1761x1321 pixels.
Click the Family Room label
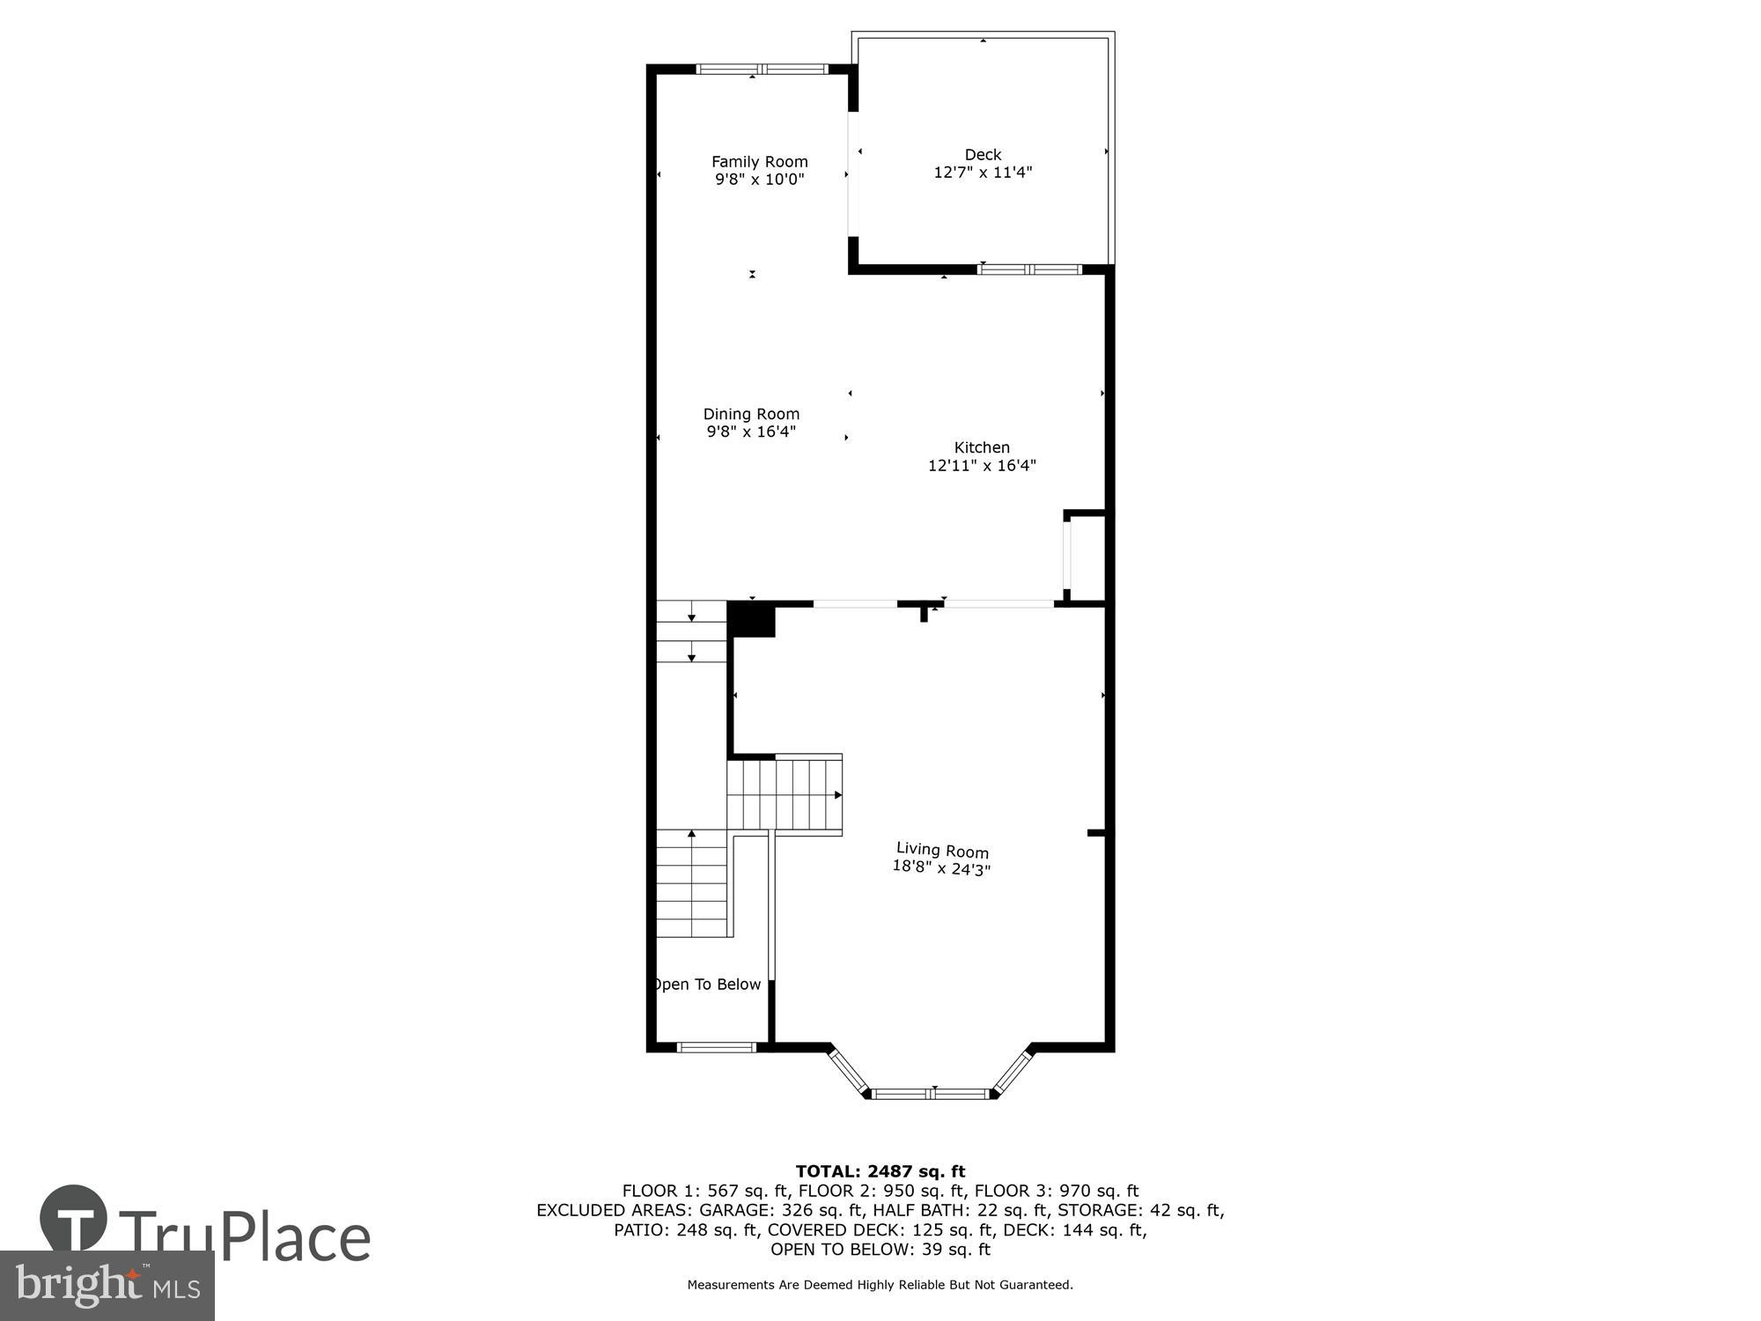point(759,161)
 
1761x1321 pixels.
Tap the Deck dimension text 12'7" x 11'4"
point(983,173)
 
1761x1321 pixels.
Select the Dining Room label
point(751,414)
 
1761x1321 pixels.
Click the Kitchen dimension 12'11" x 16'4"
point(982,466)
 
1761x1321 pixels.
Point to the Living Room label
point(942,850)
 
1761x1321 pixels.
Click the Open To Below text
point(707,985)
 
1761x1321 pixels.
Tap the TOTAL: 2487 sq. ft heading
point(880,1171)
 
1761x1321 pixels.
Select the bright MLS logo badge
point(107,1286)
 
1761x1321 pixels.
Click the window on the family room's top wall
point(763,69)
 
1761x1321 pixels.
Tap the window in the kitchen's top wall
point(1029,269)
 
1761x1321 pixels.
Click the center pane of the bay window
point(932,1094)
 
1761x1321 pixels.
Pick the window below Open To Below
point(717,1047)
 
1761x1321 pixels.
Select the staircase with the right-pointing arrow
point(785,794)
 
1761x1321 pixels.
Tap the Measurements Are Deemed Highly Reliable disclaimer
point(880,1285)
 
